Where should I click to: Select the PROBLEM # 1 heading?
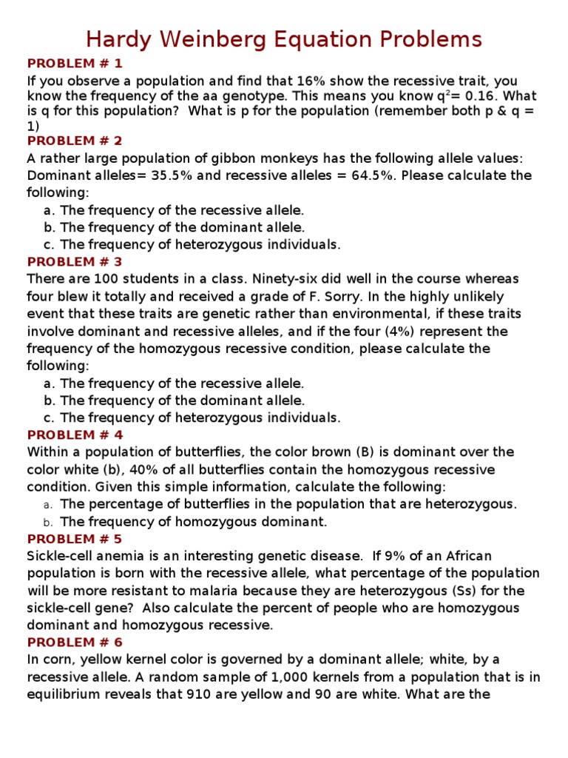tap(75, 63)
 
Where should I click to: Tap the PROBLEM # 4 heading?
tap(75, 435)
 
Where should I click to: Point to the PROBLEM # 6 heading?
tap(75, 642)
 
